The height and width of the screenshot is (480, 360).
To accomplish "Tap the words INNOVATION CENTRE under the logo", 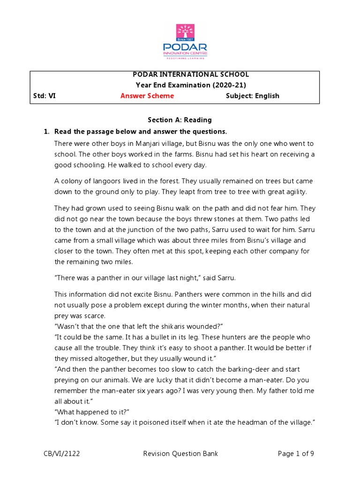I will (185, 53).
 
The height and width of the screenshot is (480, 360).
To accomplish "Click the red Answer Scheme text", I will (147, 96).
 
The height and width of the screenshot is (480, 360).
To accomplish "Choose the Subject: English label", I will (252, 96).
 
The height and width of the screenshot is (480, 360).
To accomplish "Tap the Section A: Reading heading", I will (180, 120).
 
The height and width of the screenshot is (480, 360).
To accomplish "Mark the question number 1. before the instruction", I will (46, 131).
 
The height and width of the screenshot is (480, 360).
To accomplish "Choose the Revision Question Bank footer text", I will (180, 454).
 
